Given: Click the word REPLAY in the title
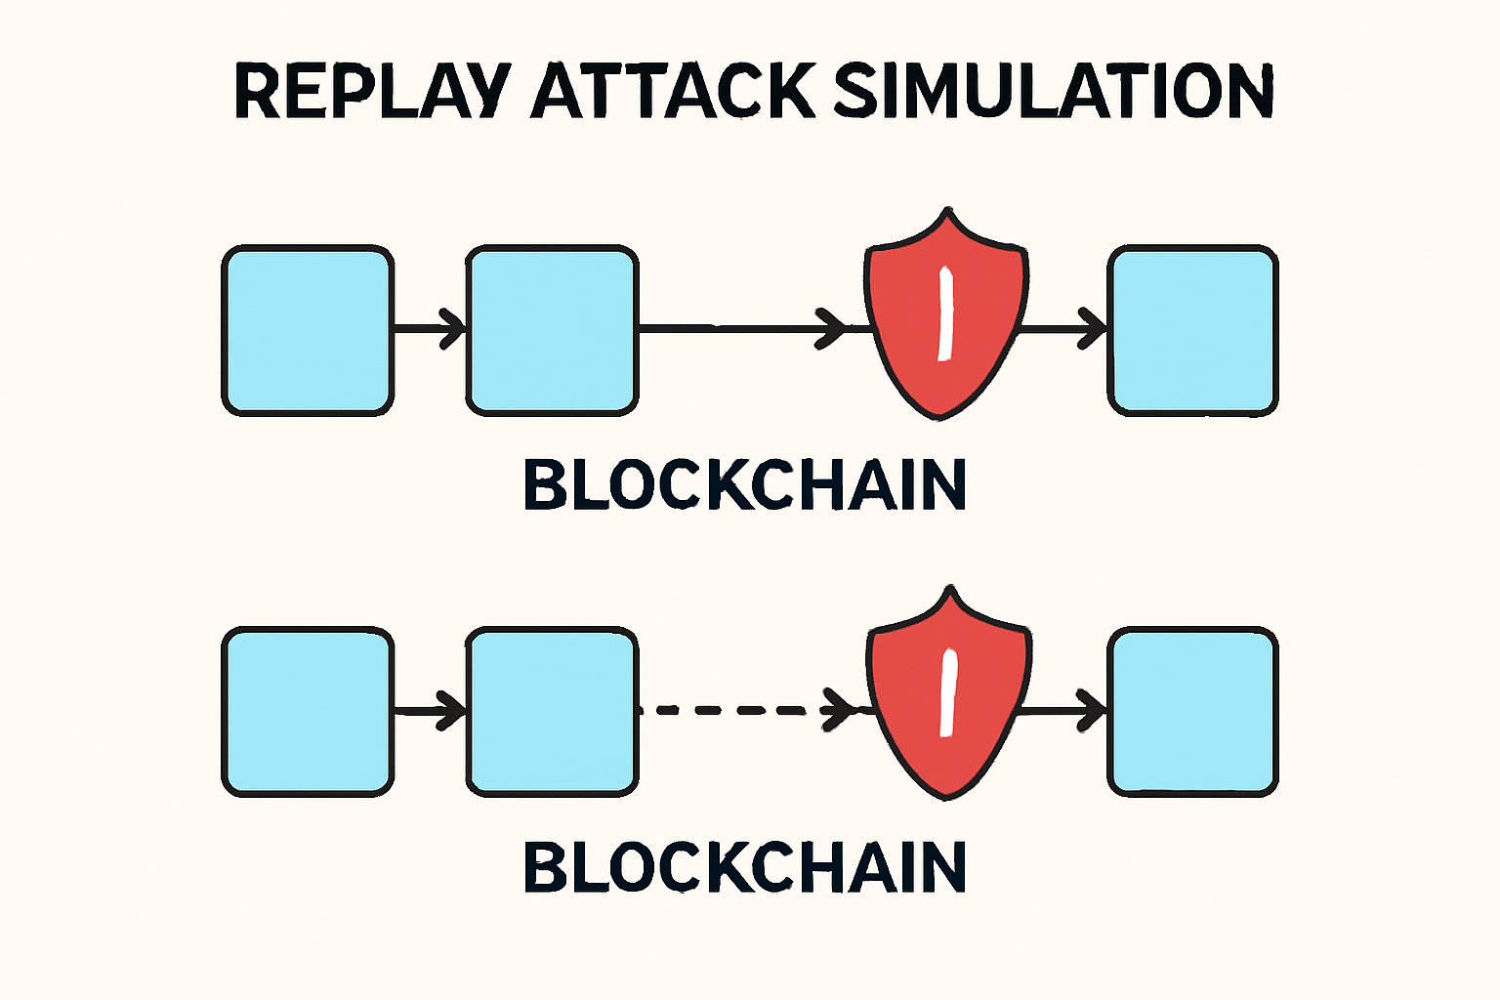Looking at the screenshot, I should coord(371,92).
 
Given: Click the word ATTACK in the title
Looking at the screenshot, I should coord(672,92).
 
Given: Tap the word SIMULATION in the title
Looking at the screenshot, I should coord(1054,92).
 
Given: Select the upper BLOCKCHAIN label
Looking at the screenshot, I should coord(745,485).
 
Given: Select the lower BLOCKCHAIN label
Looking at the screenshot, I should coord(745,867).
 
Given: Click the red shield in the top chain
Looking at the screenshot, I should coord(944,312).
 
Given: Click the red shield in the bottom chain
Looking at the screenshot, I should coord(947,693).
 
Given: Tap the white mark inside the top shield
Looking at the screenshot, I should coord(945,314).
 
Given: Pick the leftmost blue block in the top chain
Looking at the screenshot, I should coord(308,330).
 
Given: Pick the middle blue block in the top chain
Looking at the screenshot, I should coord(552,330).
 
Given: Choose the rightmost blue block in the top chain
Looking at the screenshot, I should coord(1192,330).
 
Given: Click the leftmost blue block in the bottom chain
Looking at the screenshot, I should coord(308,711).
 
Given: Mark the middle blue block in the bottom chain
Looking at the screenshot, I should coord(552,711).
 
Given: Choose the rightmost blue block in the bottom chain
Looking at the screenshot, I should coord(1192,711).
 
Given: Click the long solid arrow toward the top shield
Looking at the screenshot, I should coord(742,328).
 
